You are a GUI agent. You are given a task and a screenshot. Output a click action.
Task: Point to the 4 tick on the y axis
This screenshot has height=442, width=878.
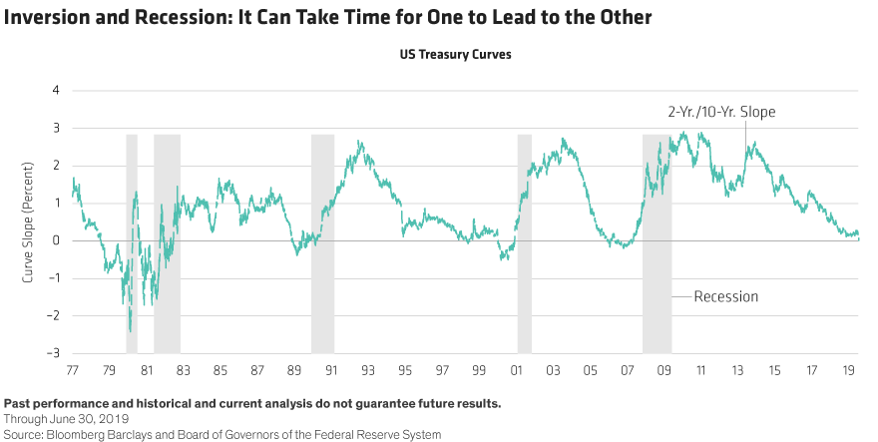coord(56,91)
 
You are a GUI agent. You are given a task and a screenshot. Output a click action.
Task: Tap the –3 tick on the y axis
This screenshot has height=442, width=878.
coord(52,353)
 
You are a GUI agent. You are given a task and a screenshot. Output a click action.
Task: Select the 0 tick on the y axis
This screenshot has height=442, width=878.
coord(56,240)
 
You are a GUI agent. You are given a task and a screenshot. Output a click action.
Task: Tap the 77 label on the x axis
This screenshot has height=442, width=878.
coord(72,370)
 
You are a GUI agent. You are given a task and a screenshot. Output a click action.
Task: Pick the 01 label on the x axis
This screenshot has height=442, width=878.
coord(516,370)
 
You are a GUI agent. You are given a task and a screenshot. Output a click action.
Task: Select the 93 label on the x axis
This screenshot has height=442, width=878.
coord(368,370)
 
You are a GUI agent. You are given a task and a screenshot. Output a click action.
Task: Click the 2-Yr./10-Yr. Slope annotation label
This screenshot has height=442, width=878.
coord(721,112)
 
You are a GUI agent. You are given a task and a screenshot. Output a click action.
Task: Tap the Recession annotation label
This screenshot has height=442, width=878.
coord(725,296)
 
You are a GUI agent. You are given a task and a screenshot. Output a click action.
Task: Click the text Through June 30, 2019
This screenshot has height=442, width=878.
coord(67,419)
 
